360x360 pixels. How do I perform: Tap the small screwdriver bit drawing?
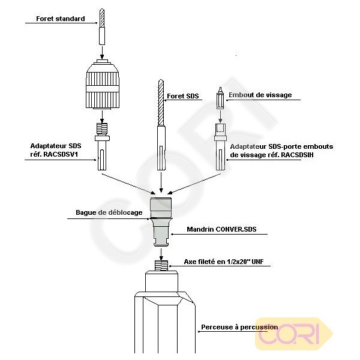[x=220, y=98]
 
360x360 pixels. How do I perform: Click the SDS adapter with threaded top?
[x=103, y=147]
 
